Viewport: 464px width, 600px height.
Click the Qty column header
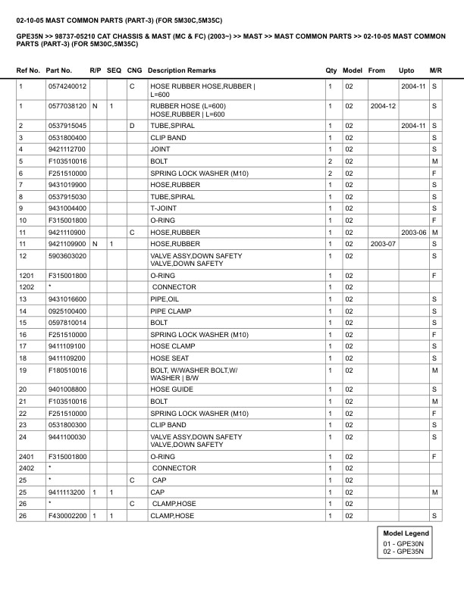coord(331,70)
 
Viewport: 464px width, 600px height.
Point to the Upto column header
coord(406,70)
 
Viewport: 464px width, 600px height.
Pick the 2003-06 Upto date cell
coord(413,232)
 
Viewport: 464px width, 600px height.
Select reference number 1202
coord(26,287)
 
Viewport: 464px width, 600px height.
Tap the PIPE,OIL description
coord(165,299)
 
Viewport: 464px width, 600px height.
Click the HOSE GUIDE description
coord(170,389)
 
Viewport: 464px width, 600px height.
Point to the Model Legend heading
coord(406,533)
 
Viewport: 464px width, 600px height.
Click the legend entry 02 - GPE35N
coord(403,552)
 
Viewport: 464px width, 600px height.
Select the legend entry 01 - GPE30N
coord(403,543)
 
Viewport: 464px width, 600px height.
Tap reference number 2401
coord(26,457)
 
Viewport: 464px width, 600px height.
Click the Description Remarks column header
coord(182,70)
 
